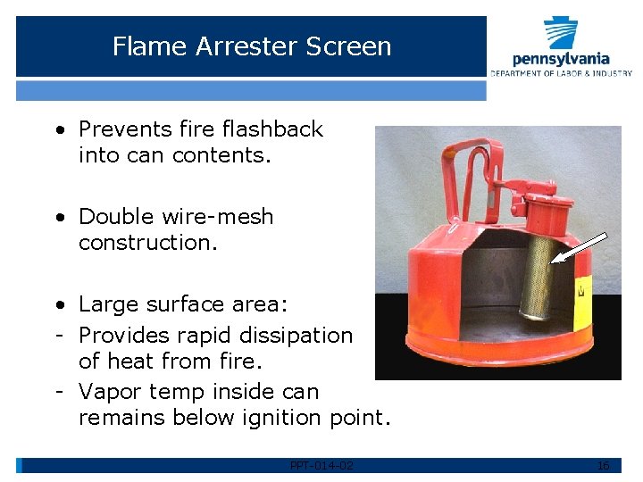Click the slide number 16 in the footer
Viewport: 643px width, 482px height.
(603, 466)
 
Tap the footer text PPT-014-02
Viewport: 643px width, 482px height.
(321, 466)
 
